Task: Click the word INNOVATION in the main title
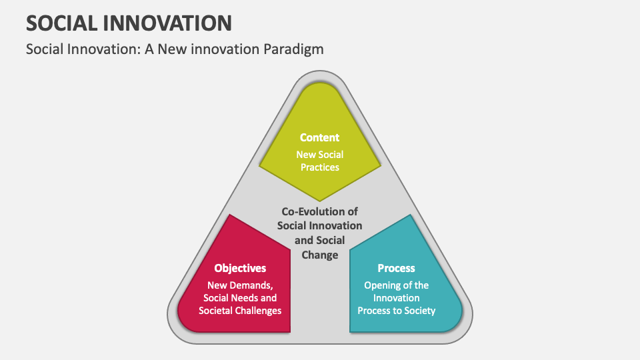(175, 23)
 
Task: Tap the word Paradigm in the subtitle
(292, 49)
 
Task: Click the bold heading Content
(319, 137)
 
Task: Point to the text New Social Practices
(319, 161)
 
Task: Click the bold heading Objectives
(240, 268)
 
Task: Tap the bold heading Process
(396, 268)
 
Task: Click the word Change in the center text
(320, 255)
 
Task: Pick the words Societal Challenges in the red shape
(240, 311)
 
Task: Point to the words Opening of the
(396, 285)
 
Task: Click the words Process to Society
(396, 311)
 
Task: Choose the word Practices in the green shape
(319, 167)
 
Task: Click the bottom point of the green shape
(320, 200)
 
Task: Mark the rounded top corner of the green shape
(320, 87)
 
